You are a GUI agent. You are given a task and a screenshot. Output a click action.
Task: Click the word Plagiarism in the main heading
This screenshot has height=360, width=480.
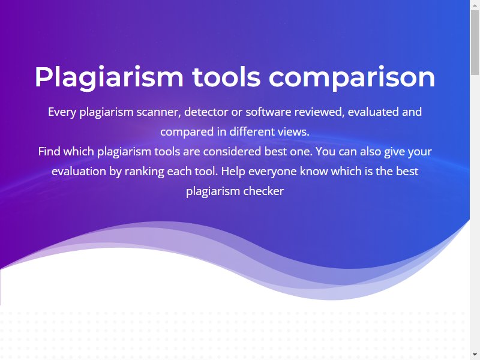point(109,77)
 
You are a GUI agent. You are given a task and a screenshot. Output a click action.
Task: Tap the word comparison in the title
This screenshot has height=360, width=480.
point(352,77)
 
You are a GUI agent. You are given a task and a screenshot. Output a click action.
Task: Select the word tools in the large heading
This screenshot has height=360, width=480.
point(226,77)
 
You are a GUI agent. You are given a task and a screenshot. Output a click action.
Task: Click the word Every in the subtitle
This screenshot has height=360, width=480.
point(62,112)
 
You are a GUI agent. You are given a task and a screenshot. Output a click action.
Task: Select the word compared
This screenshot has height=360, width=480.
point(187,132)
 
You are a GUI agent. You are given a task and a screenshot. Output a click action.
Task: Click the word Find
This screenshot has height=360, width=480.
point(49,151)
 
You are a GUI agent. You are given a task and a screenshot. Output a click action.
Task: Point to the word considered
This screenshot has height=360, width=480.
point(232,151)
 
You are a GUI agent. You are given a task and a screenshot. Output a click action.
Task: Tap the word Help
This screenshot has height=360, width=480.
point(233,172)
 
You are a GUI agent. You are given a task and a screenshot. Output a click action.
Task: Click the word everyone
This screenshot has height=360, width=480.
point(272,172)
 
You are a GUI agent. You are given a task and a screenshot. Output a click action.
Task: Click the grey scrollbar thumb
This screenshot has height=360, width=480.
point(475,42)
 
